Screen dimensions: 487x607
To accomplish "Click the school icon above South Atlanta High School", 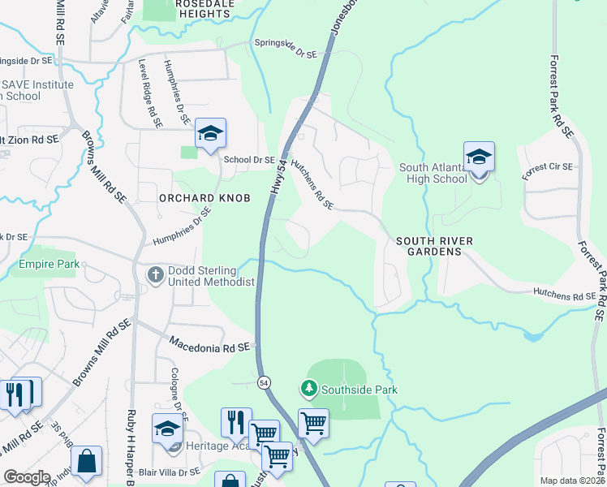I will click(479, 157).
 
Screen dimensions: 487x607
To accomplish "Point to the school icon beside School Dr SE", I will click(210, 134).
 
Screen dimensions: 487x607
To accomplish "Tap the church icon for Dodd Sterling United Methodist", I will click(155, 275).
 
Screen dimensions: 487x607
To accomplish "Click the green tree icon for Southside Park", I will click(308, 390).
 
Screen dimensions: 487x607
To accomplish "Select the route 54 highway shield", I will click(264, 381).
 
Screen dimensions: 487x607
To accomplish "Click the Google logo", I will click(27, 477).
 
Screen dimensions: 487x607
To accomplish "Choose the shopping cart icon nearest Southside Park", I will click(313, 422).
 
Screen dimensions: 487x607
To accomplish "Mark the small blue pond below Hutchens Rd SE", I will click(532, 335).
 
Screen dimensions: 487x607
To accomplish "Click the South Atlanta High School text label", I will click(433, 173).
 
